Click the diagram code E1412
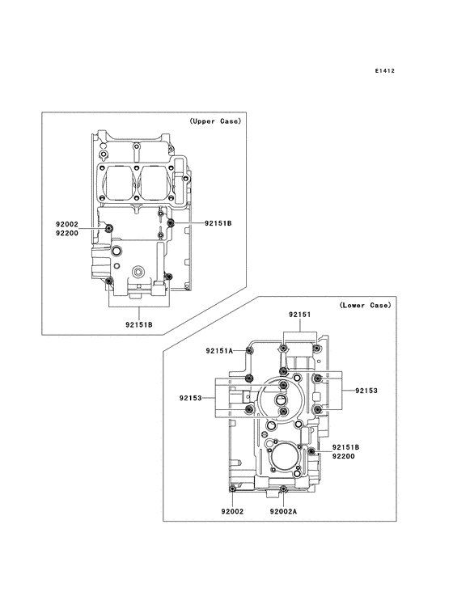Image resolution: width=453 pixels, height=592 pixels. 385,70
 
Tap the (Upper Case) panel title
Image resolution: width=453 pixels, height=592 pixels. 215,121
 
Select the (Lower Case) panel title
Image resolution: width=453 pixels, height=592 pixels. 365,305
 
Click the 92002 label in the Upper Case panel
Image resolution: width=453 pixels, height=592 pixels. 67,224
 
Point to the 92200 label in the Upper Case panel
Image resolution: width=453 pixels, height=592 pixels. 67,234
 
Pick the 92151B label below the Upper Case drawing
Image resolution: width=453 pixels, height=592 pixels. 139,324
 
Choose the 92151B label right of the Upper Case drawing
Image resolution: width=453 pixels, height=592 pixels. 218,223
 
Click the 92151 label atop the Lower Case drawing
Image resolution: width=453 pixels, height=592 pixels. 300,315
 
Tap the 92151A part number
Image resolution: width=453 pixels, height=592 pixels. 219,351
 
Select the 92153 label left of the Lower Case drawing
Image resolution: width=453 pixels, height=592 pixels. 191,398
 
